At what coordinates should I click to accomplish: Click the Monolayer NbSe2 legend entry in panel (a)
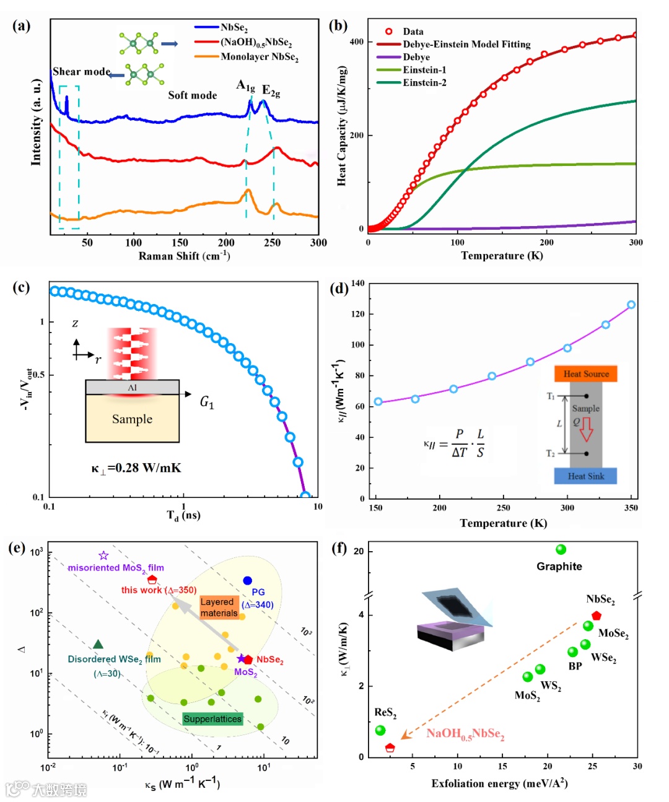[x=259, y=57]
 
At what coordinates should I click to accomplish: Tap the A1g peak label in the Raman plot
[x=245, y=86]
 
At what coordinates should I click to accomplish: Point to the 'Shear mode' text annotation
[x=81, y=72]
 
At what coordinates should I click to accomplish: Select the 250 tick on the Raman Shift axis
[x=272, y=243]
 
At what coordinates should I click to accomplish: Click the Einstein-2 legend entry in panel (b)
[x=424, y=82]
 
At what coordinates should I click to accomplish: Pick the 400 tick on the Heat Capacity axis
[x=357, y=42]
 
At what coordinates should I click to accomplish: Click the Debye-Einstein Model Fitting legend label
[x=466, y=44]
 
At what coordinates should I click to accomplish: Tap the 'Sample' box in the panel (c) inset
[x=132, y=419]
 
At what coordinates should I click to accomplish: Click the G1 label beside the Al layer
[x=207, y=403]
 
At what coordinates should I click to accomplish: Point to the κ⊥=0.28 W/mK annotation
[x=136, y=468]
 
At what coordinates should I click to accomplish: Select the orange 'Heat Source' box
[x=586, y=374]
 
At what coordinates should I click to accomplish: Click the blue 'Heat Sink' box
[x=586, y=476]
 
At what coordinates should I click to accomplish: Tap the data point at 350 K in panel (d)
[x=631, y=305]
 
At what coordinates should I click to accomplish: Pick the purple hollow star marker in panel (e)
[x=104, y=556]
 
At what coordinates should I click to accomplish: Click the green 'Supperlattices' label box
[x=212, y=719]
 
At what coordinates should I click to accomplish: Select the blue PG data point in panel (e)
[x=248, y=580]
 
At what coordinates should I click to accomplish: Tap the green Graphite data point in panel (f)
[x=561, y=549]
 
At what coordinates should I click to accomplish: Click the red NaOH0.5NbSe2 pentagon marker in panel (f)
[x=390, y=748]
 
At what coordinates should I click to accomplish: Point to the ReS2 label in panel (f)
[x=385, y=713]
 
